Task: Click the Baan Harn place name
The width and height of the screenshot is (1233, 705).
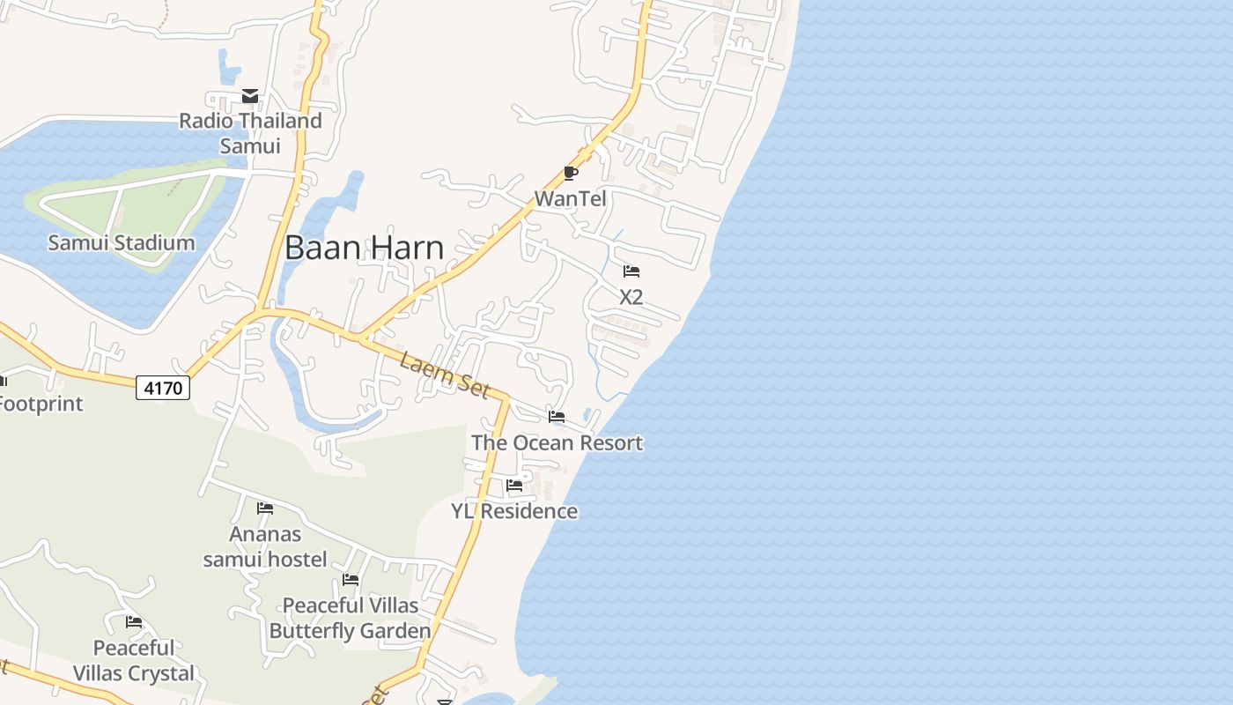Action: tap(364, 248)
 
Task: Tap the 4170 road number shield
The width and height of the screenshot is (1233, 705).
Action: tap(163, 387)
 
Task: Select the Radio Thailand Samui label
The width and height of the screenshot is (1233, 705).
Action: tap(250, 132)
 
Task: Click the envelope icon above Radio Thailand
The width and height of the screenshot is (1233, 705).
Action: tap(250, 96)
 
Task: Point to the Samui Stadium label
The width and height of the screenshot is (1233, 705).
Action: tap(122, 242)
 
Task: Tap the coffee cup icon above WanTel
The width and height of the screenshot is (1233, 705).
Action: tap(571, 173)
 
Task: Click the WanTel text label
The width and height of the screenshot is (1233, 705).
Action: tap(571, 198)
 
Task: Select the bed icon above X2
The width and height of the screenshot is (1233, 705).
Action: tap(631, 271)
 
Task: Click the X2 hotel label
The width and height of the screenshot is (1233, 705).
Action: tap(631, 297)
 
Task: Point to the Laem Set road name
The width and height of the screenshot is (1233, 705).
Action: tap(444, 375)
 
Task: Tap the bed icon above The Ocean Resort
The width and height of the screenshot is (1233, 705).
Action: tap(557, 417)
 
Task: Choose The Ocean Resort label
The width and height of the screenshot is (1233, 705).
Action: tap(557, 442)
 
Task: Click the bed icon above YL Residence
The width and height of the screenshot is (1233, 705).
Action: tap(515, 486)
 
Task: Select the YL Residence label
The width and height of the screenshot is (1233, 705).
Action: tap(514, 511)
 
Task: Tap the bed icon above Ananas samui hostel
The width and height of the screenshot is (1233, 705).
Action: tap(265, 508)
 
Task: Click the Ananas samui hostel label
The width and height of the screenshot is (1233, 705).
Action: tap(265, 546)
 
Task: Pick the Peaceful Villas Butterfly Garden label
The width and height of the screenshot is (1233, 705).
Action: tap(350, 619)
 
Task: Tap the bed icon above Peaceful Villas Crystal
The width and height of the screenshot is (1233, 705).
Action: tap(134, 622)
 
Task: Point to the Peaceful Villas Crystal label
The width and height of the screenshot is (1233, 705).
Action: tap(134, 661)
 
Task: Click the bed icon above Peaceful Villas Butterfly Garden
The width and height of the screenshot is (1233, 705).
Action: tap(351, 580)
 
